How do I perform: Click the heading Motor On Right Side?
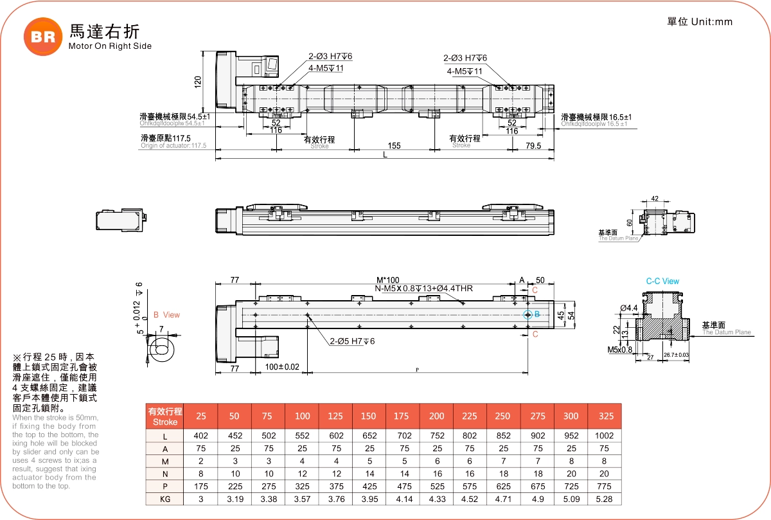(x=110, y=46)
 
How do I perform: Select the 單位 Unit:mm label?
(x=700, y=22)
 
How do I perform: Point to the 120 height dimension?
(x=198, y=82)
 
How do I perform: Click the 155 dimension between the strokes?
(x=394, y=146)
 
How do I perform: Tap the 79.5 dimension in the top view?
(x=533, y=146)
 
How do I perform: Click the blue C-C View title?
(x=662, y=282)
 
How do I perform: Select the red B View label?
(x=166, y=315)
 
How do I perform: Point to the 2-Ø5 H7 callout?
(x=352, y=341)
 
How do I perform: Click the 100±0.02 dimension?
(x=283, y=367)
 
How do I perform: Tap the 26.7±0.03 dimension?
(x=676, y=355)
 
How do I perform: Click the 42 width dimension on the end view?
(x=655, y=199)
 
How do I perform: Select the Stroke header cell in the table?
(x=165, y=416)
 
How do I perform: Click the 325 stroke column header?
(x=604, y=416)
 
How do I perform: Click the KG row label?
(x=165, y=499)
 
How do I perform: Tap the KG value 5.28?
(x=604, y=499)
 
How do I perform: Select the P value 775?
(x=604, y=486)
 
